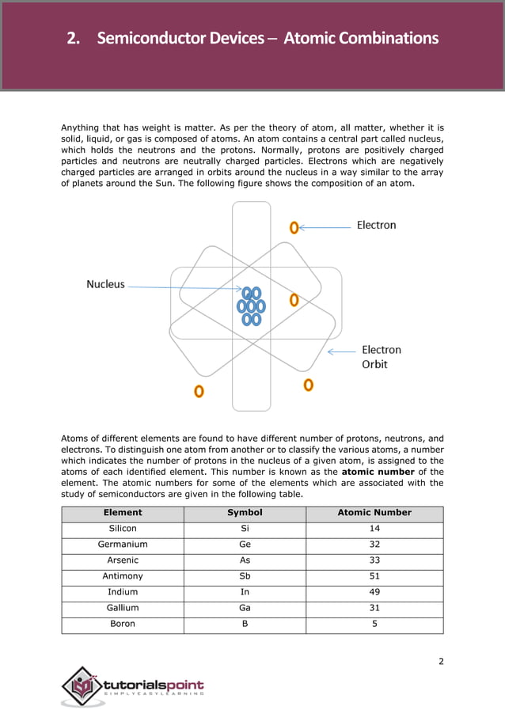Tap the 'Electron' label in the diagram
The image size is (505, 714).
click(376, 225)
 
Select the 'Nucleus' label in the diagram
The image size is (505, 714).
click(105, 284)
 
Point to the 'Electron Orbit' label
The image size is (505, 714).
click(381, 357)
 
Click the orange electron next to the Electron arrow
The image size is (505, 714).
click(294, 227)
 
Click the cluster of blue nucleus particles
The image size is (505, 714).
click(251, 306)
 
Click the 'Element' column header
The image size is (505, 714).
click(123, 512)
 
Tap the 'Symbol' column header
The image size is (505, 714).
click(245, 512)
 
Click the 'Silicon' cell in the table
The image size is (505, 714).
click(123, 528)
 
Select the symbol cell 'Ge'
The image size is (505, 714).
click(245, 545)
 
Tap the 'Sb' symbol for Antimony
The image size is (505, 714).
click(245, 576)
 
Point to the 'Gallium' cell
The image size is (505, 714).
click(123, 608)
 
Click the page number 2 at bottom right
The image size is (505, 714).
click(441, 661)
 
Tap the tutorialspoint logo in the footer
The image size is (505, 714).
click(134, 686)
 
